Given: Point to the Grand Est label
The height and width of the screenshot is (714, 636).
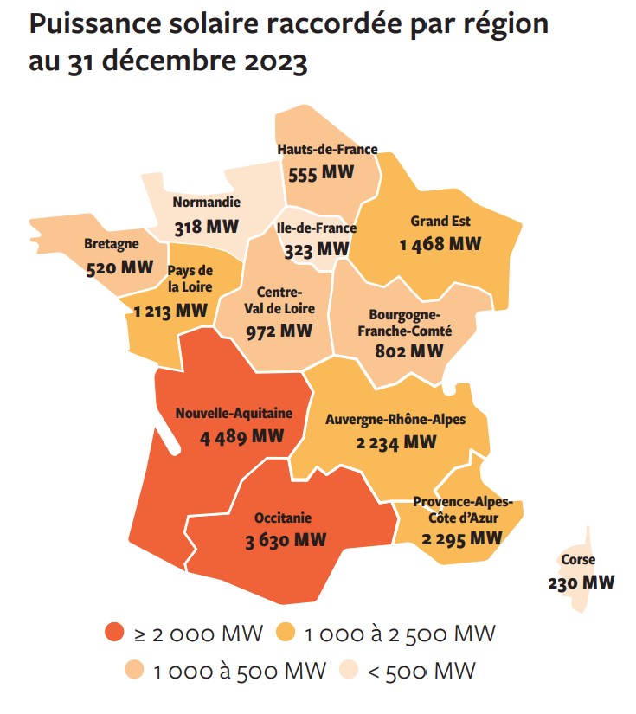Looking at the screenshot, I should tap(440, 221).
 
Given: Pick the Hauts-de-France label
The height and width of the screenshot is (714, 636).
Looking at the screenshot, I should tap(327, 150).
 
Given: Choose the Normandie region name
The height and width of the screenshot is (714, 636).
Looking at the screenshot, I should tap(206, 203).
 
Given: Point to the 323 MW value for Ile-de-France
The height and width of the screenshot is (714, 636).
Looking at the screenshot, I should tap(317, 251).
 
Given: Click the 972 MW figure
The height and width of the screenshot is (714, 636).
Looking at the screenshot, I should tap(279, 331).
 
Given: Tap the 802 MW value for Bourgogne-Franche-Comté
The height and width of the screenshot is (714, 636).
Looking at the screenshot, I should tap(409, 351).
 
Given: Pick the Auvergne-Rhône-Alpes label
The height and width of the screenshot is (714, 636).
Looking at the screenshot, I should tap(395, 420).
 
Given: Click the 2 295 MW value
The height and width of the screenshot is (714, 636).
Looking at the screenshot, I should tap(462, 537).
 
